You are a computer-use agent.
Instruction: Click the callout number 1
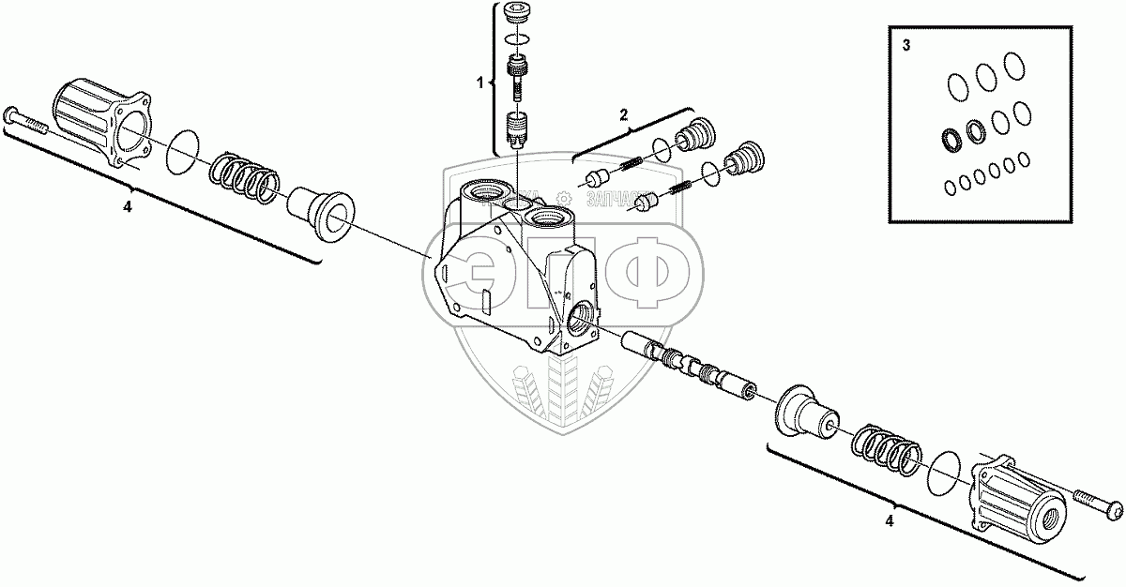(479, 83)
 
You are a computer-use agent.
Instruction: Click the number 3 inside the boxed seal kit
(905, 45)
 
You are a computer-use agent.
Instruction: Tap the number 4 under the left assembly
(127, 206)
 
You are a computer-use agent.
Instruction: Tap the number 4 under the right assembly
(889, 519)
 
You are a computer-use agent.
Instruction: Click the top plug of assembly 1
(515, 13)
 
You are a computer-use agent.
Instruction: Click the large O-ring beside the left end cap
(184, 152)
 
